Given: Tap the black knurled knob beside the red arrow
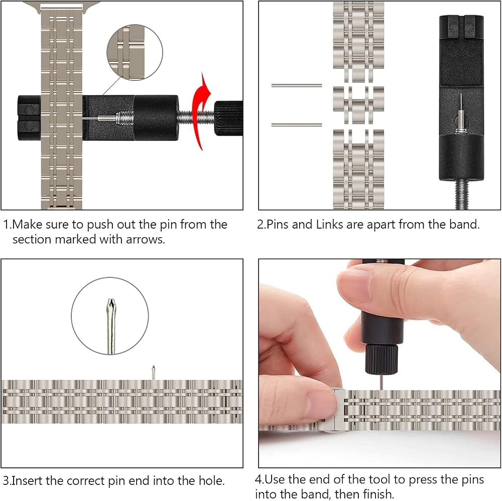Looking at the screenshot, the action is [228, 118].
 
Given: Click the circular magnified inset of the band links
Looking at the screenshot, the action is [135, 52].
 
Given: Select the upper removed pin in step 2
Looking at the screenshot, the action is [297, 85].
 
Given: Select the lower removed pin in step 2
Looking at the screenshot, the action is [297, 125].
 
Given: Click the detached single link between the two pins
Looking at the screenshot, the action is [358, 105].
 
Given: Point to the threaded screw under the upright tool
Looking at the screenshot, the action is [461, 194].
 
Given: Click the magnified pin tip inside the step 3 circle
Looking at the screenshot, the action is [111, 326].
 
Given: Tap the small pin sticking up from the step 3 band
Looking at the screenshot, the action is [153, 372].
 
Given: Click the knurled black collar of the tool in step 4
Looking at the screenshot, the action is [382, 359].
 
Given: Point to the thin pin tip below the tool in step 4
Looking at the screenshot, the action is [382, 382].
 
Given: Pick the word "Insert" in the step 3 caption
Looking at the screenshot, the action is [27, 481].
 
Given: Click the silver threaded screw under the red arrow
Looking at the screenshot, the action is [196, 118].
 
